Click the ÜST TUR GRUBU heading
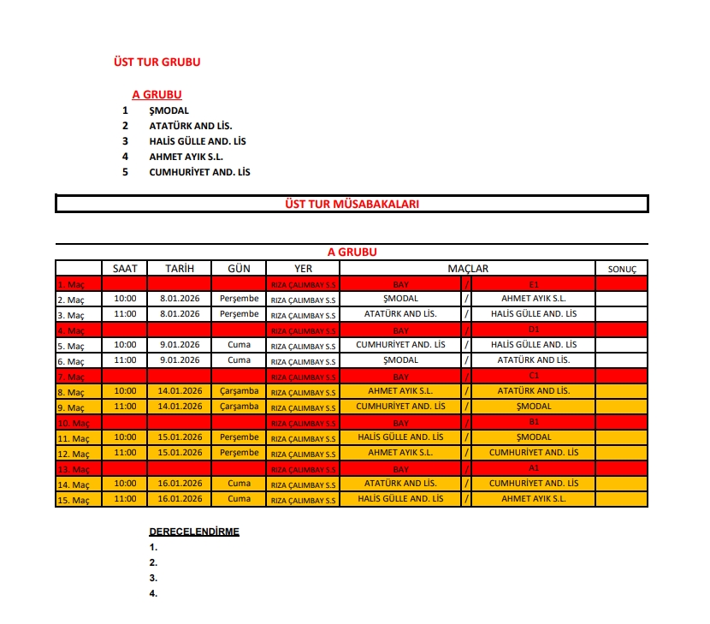[x=157, y=62]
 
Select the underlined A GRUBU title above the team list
[x=157, y=95]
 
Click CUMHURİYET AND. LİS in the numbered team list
[x=199, y=172]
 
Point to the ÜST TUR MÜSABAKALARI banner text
[x=351, y=204]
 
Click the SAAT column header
[x=125, y=268]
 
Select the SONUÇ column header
[x=622, y=269]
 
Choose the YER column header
[x=303, y=269]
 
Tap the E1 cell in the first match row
[x=534, y=283]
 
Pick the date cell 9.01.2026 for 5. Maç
[x=180, y=345]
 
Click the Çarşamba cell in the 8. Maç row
[x=239, y=391]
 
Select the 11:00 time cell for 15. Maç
[x=125, y=499]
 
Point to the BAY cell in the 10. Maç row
[x=400, y=423]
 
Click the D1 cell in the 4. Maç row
[x=534, y=330]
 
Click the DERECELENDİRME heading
[x=194, y=532]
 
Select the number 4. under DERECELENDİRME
[x=153, y=593]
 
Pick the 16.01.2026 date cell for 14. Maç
[x=180, y=484]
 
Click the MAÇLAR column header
[x=468, y=268]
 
